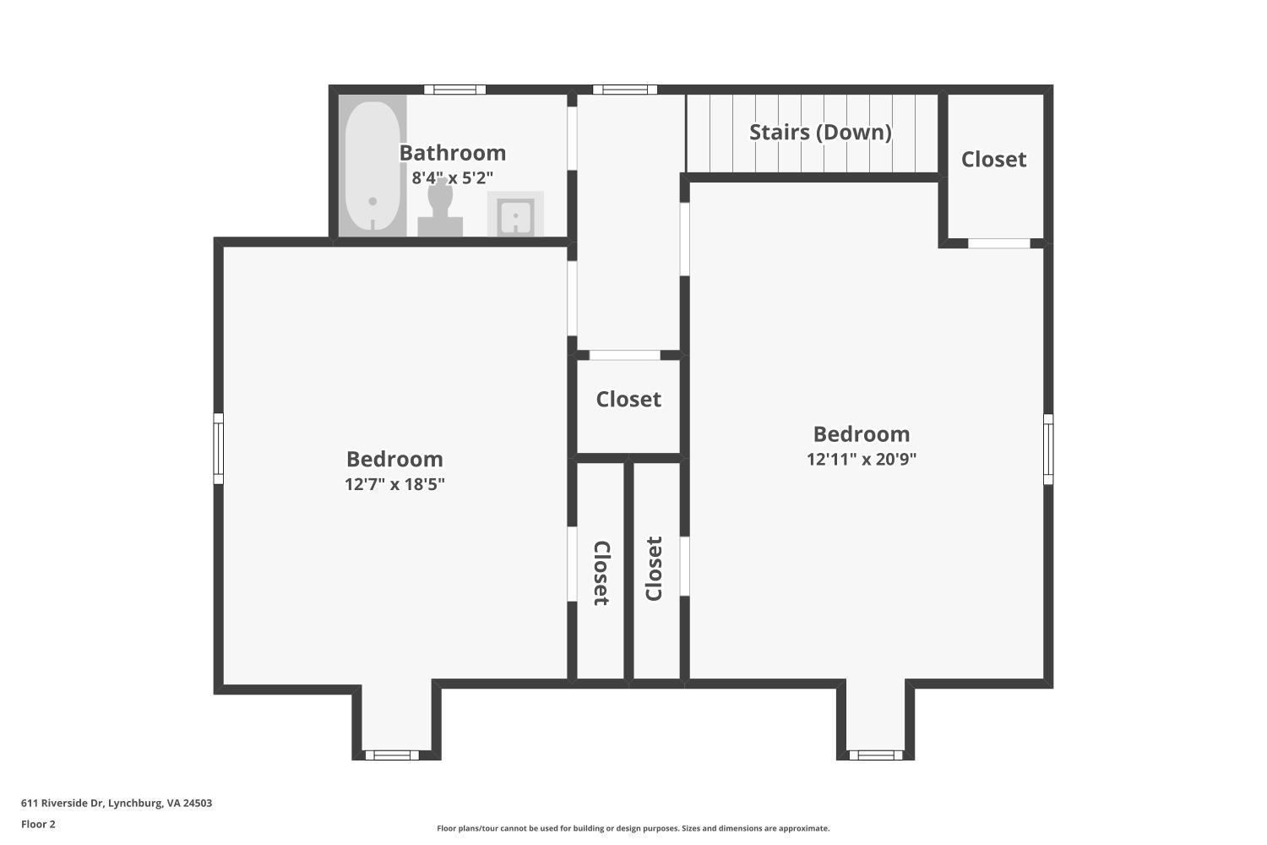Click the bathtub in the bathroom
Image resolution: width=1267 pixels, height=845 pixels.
click(x=372, y=166)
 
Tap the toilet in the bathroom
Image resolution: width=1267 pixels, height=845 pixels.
click(x=440, y=207)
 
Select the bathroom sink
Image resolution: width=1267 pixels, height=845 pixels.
click(x=514, y=215)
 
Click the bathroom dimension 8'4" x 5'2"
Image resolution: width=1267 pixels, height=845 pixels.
click(x=452, y=178)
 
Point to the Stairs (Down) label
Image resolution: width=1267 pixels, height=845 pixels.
click(x=820, y=132)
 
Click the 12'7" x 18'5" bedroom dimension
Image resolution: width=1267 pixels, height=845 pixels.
click(x=394, y=484)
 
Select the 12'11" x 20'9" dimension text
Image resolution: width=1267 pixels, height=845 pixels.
click(x=862, y=460)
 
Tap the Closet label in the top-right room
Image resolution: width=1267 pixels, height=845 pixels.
click(x=993, y=159)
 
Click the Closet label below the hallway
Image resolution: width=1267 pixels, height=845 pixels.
click(x=628, y=399)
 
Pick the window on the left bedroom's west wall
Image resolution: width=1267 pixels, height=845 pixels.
click(x=219, y=449)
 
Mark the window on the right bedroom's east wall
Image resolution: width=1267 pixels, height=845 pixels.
click(x=1048, y=449)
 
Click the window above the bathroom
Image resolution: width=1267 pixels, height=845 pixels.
click(x=454, y=90)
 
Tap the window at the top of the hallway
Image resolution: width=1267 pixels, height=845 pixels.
click(x=625, y=90)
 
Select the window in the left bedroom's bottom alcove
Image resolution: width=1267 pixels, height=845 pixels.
click(x=391, y=755)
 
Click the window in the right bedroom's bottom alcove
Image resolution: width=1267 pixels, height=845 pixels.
click(x=875, y=755)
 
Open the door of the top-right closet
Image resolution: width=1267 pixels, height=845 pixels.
click(x=998, y=243)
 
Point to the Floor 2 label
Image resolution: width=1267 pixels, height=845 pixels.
click(x=38, y=824)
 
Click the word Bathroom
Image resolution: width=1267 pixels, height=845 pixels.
click(x=452, y=153)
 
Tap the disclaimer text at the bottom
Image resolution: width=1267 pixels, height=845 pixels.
click(x=633, y=828)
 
